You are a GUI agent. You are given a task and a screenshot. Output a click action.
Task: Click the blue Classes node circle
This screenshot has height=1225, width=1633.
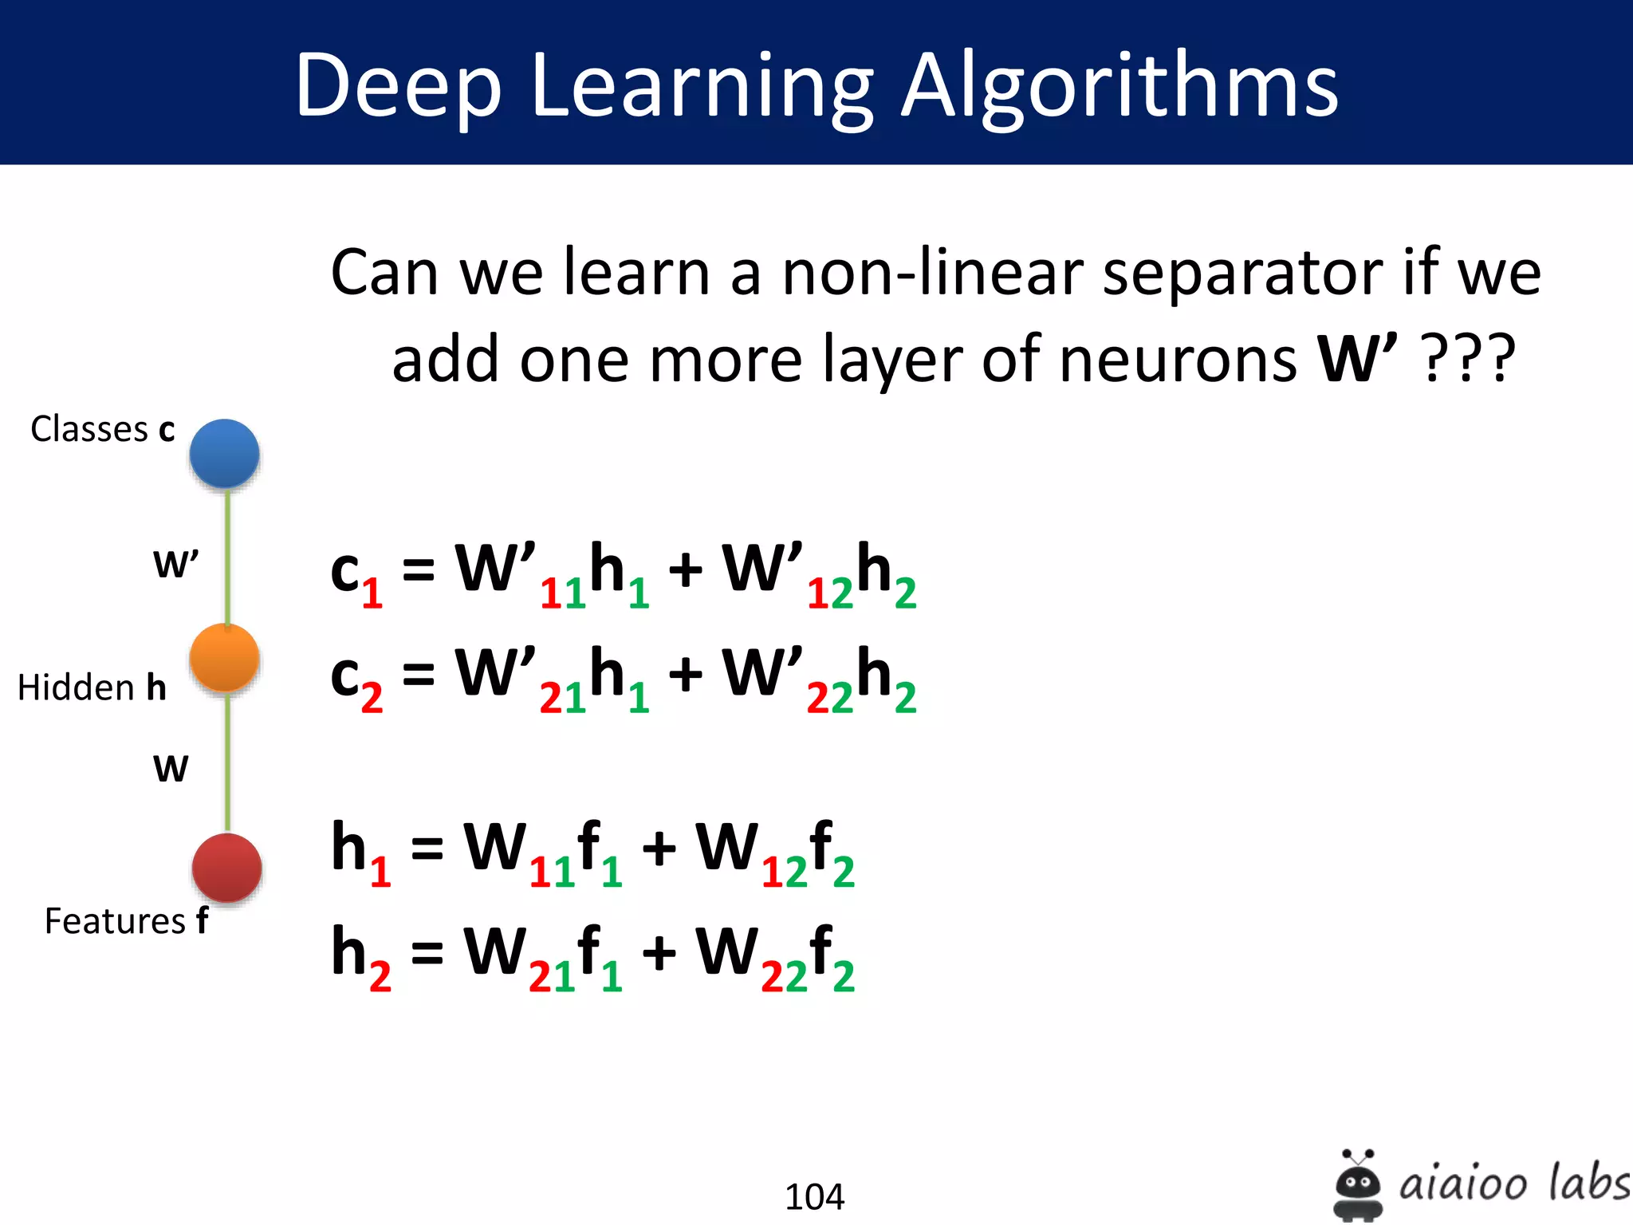click(225, 453)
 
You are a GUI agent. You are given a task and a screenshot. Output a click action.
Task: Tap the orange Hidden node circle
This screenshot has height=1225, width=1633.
click(225, 658)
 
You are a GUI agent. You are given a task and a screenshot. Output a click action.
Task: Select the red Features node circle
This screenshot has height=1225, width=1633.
click(227, 868)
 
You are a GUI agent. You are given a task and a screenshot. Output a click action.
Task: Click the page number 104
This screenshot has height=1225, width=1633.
click(814, 1196)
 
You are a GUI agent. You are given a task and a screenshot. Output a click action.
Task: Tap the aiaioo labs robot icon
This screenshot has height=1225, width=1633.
click(1358, 1184)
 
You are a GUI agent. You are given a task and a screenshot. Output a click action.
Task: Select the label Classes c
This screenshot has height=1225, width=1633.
click(102, 429)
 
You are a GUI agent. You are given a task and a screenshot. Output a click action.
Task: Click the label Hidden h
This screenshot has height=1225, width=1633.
click(92, 687)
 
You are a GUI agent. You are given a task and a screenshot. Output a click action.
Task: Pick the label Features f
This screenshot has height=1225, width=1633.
click(126, 921)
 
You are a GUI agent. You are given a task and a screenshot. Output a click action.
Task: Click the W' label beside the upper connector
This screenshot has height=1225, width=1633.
click(175, 565)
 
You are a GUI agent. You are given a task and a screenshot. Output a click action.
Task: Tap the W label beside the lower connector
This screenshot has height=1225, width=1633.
click(171, 769)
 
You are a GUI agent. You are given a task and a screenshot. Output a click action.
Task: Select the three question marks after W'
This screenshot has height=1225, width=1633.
click(1469, 360)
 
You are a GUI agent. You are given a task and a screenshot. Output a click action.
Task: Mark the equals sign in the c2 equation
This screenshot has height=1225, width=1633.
click(419, 674)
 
